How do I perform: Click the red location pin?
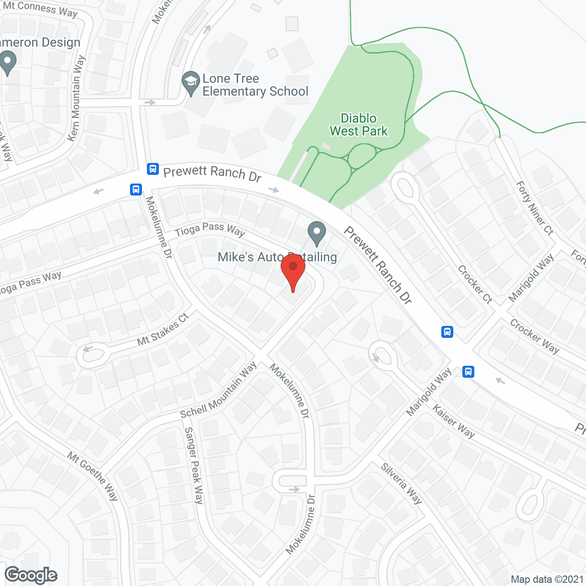[293, 270]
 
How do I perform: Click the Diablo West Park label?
[358, 125]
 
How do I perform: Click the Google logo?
[31, 575]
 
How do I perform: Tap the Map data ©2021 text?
[547, 580]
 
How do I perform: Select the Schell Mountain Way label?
[218, 391]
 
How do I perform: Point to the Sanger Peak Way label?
[194, 465]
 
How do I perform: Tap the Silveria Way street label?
[402, 483]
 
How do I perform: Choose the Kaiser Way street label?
[453, 421]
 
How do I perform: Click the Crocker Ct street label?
[475, 284]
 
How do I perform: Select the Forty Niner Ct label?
[535, 208]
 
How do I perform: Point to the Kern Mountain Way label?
[76, 98]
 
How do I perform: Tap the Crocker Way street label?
[534, 336]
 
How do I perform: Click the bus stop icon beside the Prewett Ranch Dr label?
[153, 169]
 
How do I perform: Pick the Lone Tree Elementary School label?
[255, 85]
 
